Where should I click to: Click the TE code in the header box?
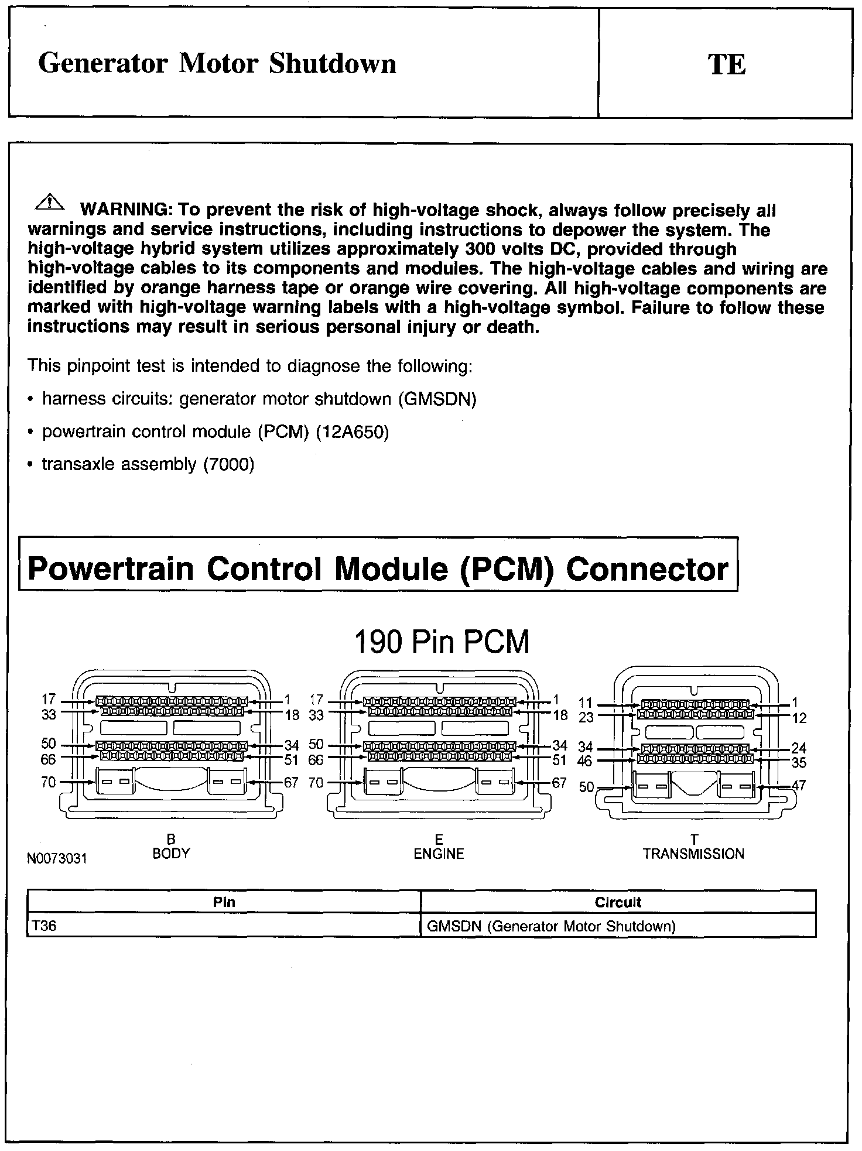[727, 64]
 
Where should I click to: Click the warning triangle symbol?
[51, 203]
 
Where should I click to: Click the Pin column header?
[224, 902]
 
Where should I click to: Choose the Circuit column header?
[618, 902]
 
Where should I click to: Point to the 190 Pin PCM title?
[442, 642]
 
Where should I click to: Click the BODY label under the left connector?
[171, 854]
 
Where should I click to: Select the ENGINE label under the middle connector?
[439, 854]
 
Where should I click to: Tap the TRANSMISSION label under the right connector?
[693, 854]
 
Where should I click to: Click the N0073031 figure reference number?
[57, 859]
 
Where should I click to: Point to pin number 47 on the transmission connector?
[799, 786]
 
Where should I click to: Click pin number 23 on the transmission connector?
[586, 717]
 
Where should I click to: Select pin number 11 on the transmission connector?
[586, 703]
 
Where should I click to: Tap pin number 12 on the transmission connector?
[799, 718]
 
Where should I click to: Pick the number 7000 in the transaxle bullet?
[228, 465]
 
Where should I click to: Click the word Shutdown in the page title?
[333, 64]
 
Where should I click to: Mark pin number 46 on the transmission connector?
[584, 761]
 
